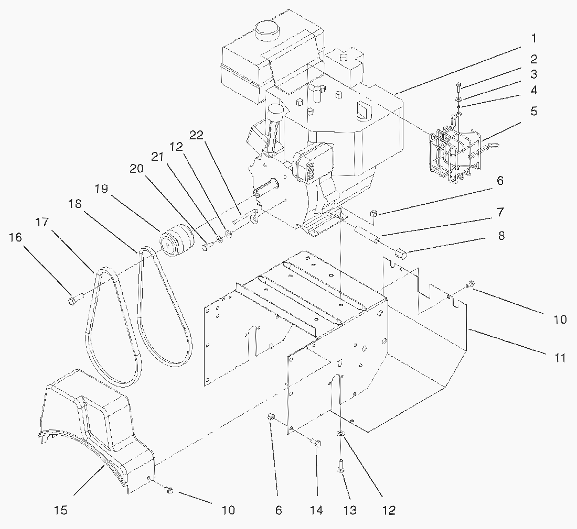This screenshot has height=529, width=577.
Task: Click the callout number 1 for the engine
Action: pos(533,38)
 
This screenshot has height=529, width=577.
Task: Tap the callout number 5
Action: pos(533,112)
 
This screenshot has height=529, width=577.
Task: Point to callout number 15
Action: pos(61,510)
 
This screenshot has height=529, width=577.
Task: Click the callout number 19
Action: pos(102,189)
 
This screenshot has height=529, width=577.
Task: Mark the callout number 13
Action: pos(350,510)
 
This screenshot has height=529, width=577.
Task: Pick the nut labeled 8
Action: pos(402,254)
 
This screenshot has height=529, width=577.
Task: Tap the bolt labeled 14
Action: pos(316,443)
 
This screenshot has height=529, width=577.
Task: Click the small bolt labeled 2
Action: pos(459,84)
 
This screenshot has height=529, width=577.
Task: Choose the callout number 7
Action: pos(500,212)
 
